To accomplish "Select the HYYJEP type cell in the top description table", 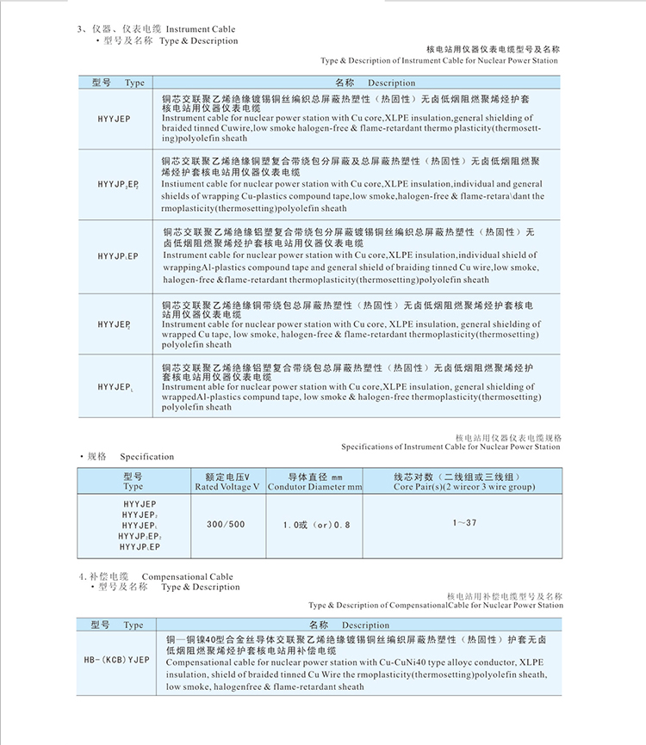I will coord(114,120).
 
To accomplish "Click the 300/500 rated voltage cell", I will coord(226,524).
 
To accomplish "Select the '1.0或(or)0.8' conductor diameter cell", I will coord(316,525).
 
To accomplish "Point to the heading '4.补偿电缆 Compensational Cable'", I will coord(156,576).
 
